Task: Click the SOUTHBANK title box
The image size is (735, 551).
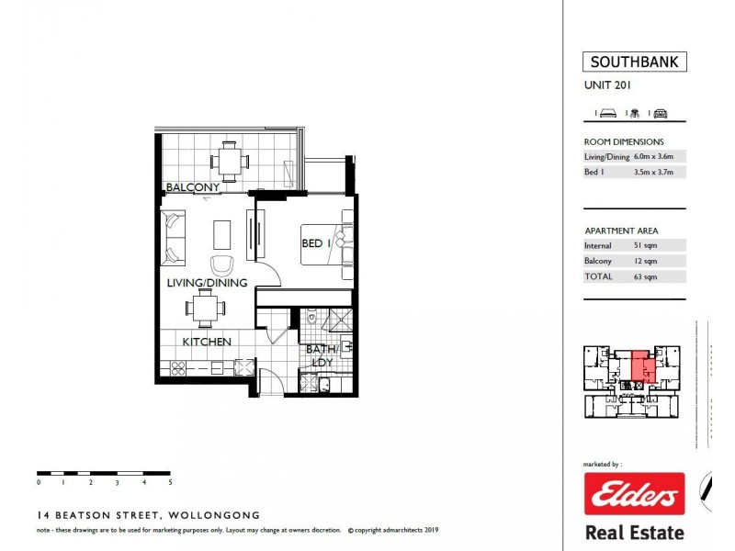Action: [x=634, y=63]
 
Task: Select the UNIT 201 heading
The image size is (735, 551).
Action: [x=607, y=86]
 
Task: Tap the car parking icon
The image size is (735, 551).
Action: [x=660, y=113]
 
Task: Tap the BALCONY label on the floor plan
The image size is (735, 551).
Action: [x=192, y=187]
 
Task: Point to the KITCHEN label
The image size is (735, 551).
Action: [x=206, y=342]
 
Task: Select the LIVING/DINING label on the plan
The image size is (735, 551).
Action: [x=206, y=283]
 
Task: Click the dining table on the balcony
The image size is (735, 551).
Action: [x=229, y=160]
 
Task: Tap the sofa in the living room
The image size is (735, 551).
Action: [x=174, y=237]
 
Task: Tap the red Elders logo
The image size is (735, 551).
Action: [x=634, y=495]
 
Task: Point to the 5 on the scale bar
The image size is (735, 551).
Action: [x=170, y=481]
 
